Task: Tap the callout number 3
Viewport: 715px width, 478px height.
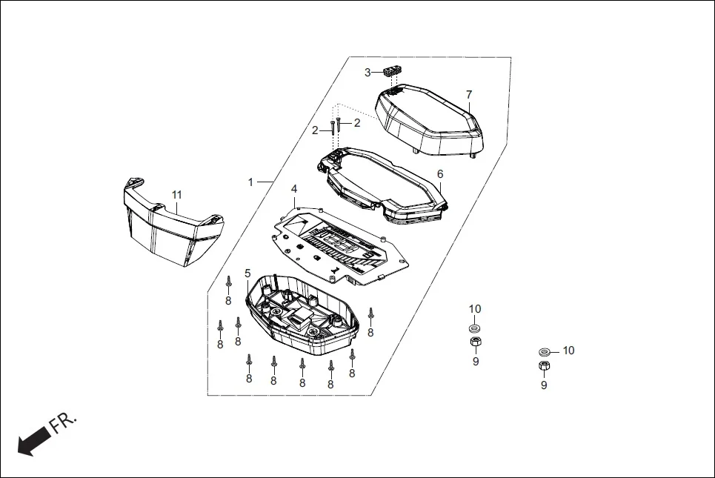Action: pos(367,73)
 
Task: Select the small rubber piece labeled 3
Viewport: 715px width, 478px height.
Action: pos(392,72)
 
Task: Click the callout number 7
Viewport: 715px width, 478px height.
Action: pos(468,95)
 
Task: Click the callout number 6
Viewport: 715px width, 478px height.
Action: pos(439,174)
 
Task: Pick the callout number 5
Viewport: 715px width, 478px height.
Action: pos(247,273)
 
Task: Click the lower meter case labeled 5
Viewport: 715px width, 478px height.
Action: pos(304,311)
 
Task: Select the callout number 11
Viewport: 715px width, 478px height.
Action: pos(176,195)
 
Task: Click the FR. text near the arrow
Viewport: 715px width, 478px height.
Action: pos(64,424)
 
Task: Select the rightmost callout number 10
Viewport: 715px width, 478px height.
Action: pos(568,350)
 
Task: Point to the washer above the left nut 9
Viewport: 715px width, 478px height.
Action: pos(474,328)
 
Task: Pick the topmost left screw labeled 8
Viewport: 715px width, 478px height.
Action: pos(229,282)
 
